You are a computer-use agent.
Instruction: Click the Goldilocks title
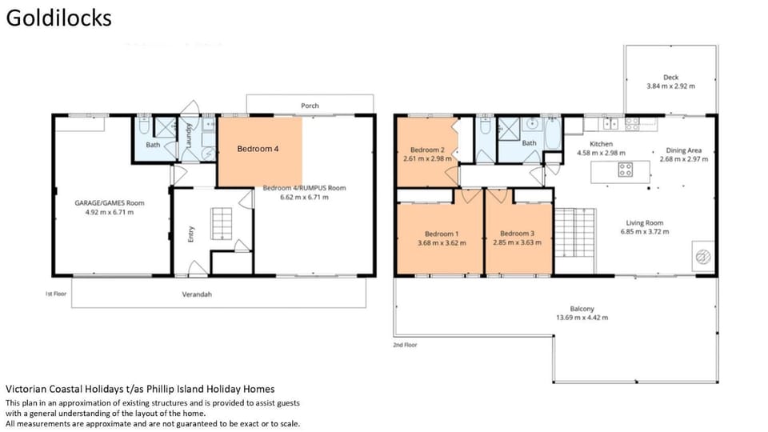[x=58, y=18]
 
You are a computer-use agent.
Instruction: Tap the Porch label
[x=310, y=106]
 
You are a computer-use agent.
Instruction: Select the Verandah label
[x=197, y=294]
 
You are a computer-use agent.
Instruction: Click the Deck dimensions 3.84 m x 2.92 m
[x=670, y=86]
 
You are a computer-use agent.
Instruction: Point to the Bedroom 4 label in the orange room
[x=258, y=149]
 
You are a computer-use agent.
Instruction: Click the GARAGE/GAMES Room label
[x=110, y=202]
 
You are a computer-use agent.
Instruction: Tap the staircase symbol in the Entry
[x=222, y=224]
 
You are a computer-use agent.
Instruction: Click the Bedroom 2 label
[x=427, y=150]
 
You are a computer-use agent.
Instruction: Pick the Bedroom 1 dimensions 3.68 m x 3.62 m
[x=442, y=243]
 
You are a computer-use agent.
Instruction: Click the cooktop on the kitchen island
[x=625, y=170]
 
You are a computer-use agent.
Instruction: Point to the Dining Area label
[x=683, y=150]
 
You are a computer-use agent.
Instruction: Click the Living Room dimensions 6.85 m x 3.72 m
[x=645, y=232]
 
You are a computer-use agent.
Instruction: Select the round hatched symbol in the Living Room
[x=703, y=256]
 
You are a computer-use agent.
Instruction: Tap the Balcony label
[x=582, y=309]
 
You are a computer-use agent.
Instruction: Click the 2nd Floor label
[x=405, y=345]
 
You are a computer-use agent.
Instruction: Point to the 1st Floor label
[x=56, y=294]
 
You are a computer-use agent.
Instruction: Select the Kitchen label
[x=601, y=144]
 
